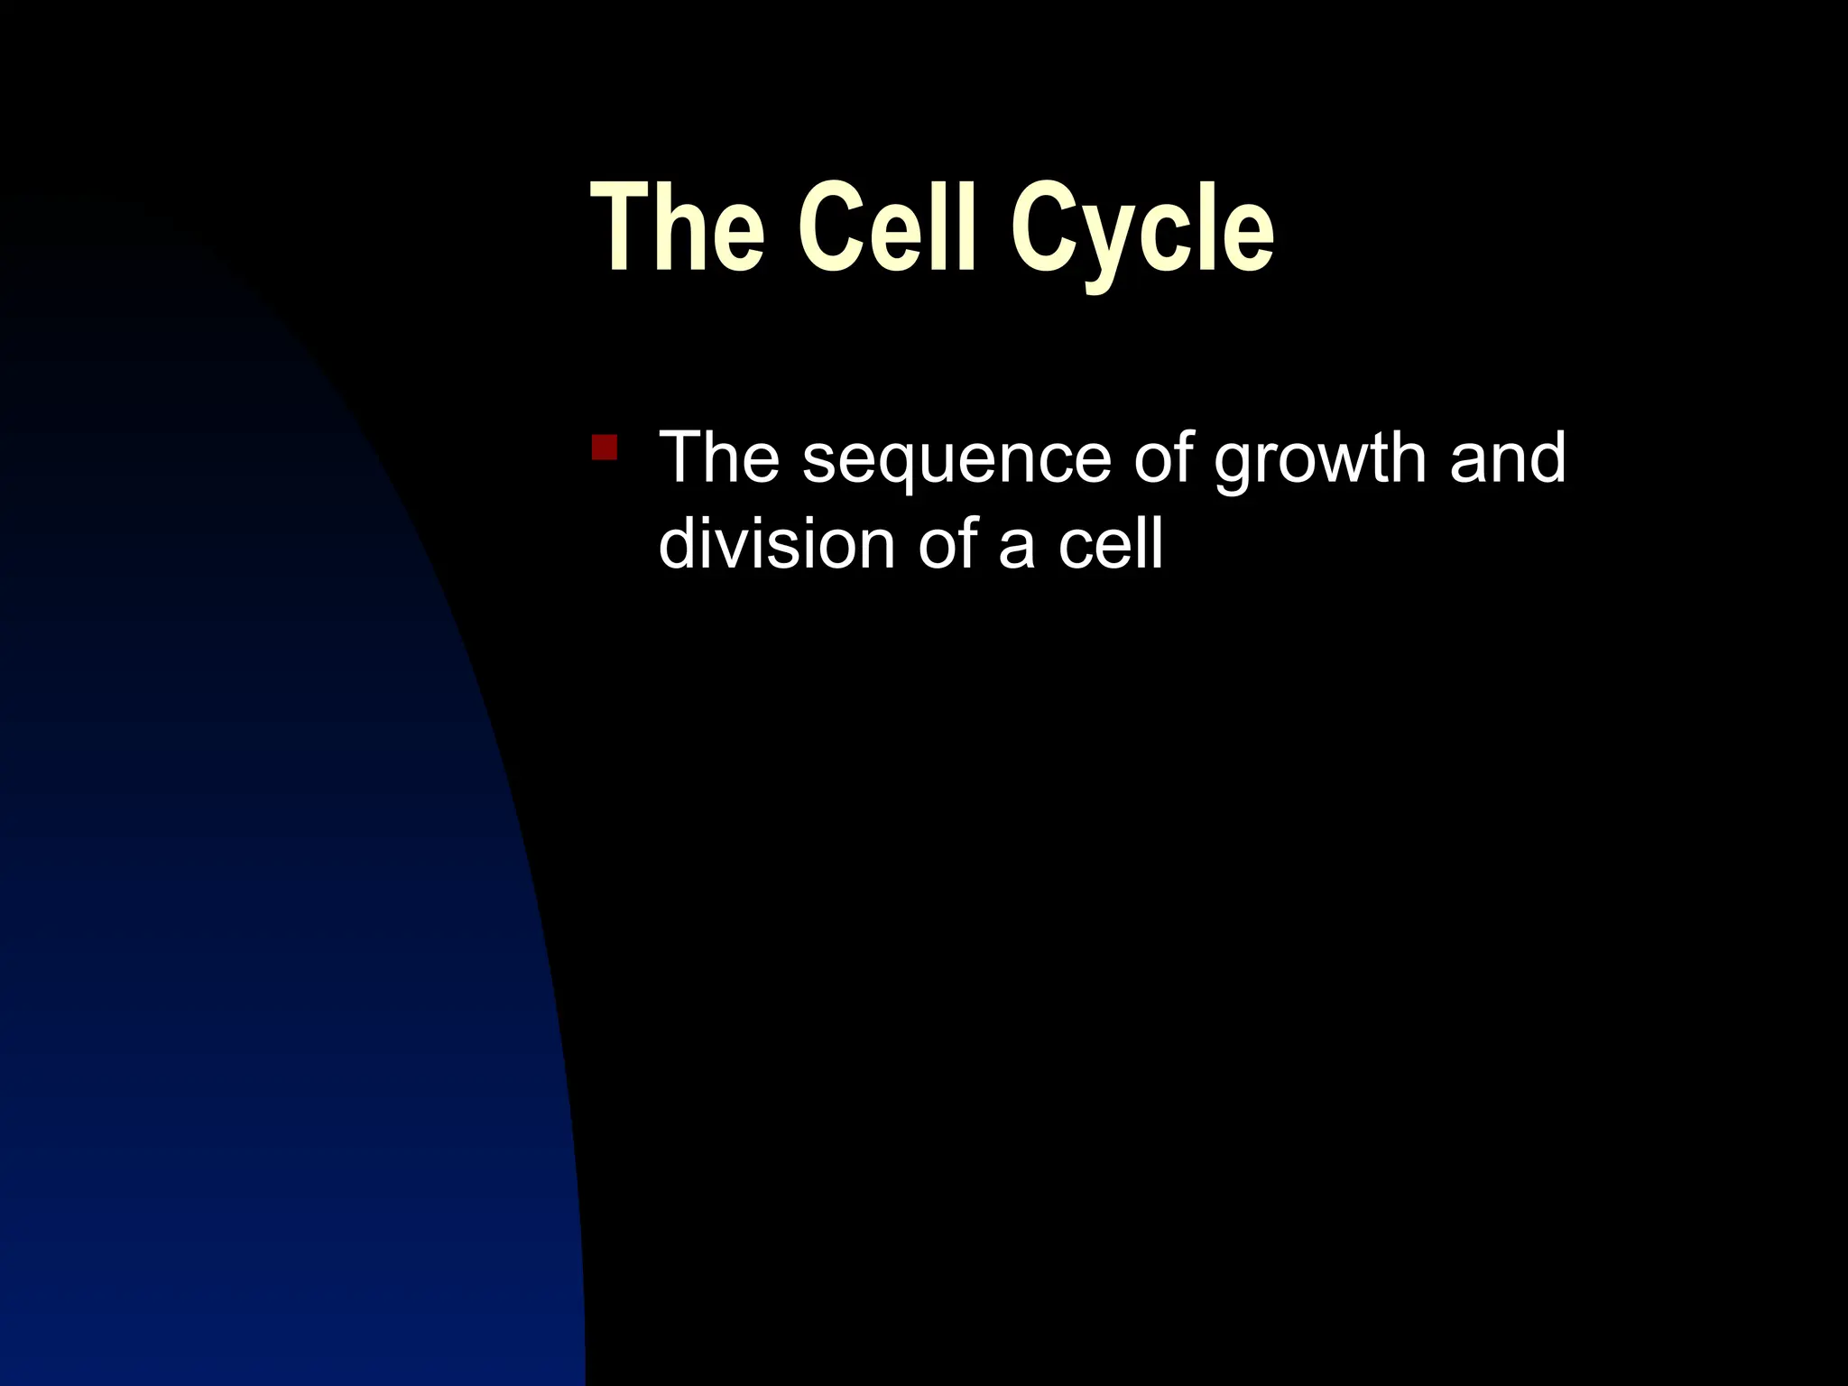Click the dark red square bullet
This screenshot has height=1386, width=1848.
(605, 448)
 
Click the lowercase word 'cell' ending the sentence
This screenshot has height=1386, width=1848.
(1110, 544)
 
